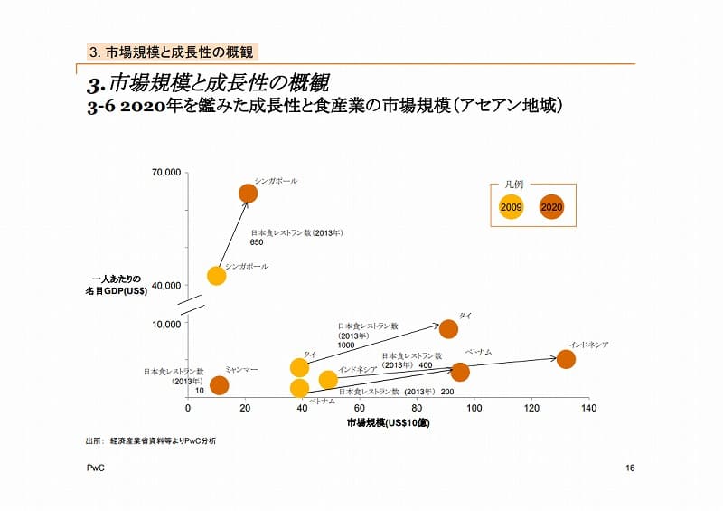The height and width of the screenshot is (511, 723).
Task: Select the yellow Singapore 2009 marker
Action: click(x=216, y=276)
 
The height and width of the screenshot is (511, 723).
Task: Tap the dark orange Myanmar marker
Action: click(x=219, y=385)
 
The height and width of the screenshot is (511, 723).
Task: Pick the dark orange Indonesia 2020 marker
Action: click(x=566, y=359)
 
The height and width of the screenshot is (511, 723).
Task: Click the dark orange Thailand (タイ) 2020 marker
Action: click(x=448, y=328)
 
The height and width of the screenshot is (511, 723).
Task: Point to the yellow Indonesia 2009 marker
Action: click(x=328, y=380)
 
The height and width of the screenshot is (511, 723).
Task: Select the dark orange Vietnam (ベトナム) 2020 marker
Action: click(x=460, y=372)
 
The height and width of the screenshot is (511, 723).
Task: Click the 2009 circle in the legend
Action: click(x=512, y=208)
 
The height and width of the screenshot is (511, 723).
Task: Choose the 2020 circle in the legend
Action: click(x=550, y=208)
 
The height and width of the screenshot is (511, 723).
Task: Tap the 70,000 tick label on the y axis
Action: click(x=167, y=171)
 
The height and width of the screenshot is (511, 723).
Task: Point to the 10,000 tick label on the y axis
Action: click(x=167, y=324)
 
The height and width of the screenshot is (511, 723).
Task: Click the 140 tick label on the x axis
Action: click(x=588, y=409)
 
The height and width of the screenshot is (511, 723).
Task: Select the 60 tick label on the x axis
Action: click(x=360, y=409)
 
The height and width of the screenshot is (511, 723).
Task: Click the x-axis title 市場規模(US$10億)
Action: click(x=389, y=422)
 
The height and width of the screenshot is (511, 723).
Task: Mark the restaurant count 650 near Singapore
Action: click(x=257, y=242)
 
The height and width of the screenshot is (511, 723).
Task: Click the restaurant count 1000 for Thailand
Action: click(x=346, y=345)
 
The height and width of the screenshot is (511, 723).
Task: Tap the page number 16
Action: click(x=630, y=468)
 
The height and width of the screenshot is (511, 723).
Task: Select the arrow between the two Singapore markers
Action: click(x=232, y=235)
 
